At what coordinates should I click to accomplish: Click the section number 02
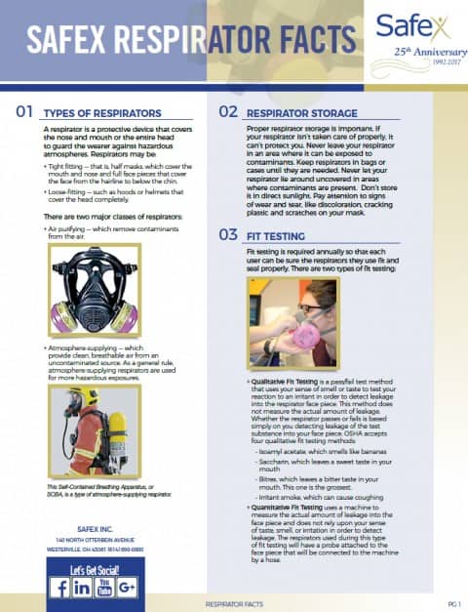(227, 112)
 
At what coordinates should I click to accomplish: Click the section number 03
(227, 234)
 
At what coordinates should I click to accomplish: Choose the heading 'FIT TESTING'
(277, 235)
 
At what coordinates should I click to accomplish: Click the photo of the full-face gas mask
(94, 295)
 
